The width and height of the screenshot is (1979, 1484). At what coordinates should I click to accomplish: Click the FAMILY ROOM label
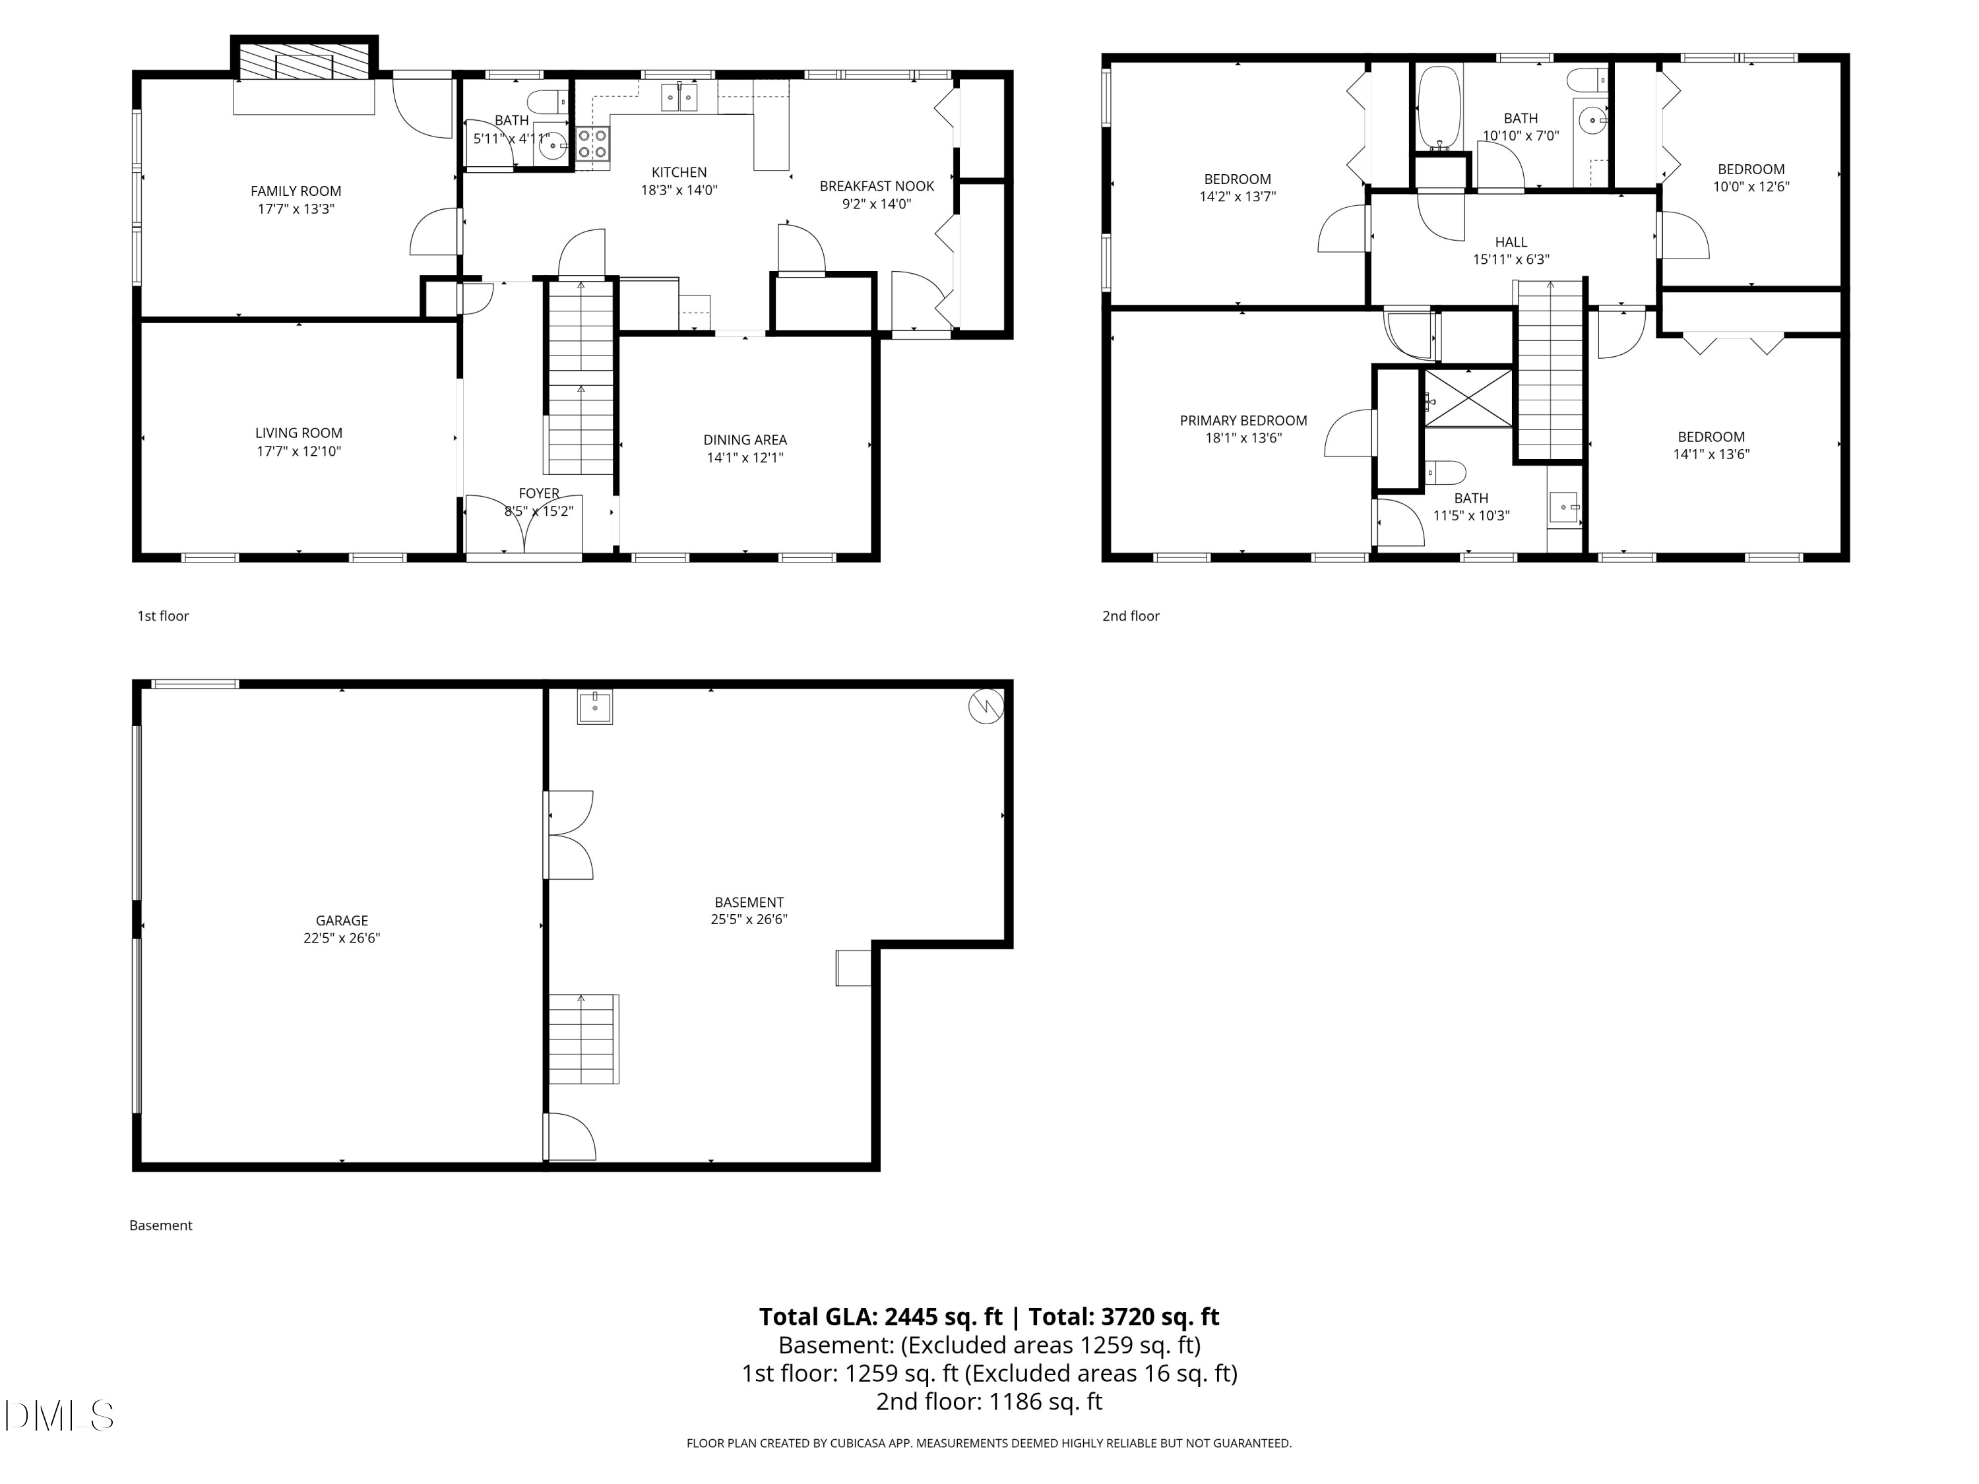point(296,191)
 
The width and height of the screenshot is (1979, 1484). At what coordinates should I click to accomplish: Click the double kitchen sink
point(680,96)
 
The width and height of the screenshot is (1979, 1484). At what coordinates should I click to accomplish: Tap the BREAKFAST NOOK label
point(876,186)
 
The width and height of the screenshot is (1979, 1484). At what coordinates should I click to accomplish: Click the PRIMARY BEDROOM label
point(1243,420)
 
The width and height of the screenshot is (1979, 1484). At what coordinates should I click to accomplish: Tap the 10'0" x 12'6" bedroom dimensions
point(1750,187)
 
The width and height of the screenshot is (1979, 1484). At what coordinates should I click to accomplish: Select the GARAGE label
point(341,919)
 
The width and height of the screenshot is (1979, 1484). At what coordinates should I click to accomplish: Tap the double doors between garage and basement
point(569,834)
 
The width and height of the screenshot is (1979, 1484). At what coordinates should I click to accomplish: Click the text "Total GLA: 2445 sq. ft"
point(881,1316)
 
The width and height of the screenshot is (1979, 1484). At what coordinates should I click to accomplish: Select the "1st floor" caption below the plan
point(163,615)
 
